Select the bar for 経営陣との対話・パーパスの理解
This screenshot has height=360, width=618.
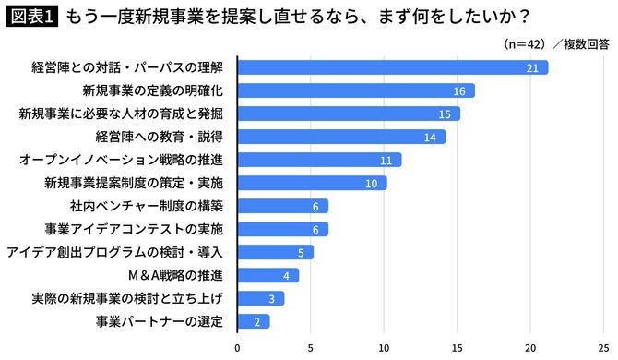[x=392, y=67]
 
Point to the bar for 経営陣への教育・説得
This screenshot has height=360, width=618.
[x=341, y=137]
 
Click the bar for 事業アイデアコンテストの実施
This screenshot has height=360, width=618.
[x=282, y=229]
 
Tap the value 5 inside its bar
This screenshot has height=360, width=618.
[x=301, y=252]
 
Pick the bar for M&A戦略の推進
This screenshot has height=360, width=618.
[x=267, y=275]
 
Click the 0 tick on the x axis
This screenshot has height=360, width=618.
[x=238, y=348]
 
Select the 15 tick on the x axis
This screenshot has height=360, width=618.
[x=457, y=348]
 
